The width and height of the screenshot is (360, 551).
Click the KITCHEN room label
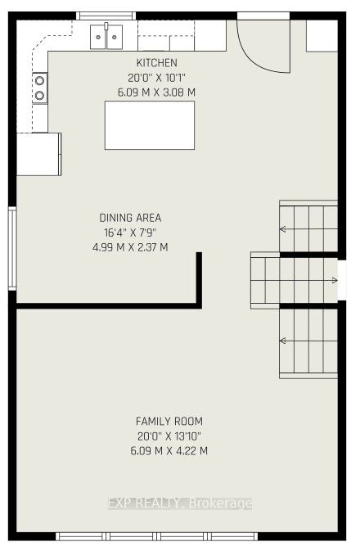[156, 63]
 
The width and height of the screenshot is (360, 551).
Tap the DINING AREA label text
[130, 218]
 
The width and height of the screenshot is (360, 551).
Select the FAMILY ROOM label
[169, 421]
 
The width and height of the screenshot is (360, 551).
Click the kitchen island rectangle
[150, 125]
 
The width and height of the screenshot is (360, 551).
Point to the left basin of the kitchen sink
[98, 37]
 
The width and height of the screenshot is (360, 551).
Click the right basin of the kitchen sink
[115, 37]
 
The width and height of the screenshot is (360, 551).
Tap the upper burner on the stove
[40, 81]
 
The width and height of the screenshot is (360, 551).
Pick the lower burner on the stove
[40, 95]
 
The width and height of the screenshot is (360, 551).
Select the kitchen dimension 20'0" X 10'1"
[156, 78]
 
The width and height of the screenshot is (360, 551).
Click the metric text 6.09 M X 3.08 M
[156, 93]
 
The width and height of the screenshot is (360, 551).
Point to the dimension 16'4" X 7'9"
[130, 233]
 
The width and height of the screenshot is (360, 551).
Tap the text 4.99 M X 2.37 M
[130, 247]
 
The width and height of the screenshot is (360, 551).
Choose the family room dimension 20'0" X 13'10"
[169, 436]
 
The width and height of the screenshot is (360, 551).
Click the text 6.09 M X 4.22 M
[169, 451]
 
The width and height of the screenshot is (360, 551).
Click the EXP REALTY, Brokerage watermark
[180, 504]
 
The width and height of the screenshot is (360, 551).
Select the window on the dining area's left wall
[12, 248]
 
